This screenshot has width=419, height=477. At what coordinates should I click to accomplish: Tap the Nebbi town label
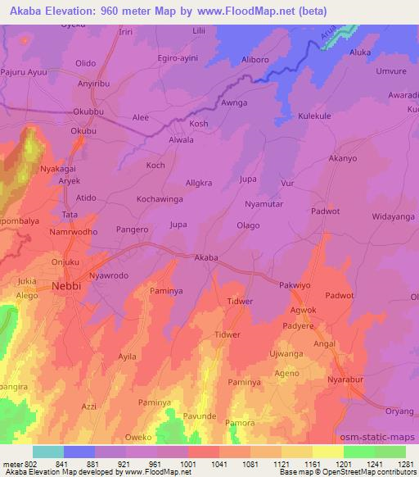[x=66, y=286]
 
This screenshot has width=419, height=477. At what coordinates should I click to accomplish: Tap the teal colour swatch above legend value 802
[x=47, y=451]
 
